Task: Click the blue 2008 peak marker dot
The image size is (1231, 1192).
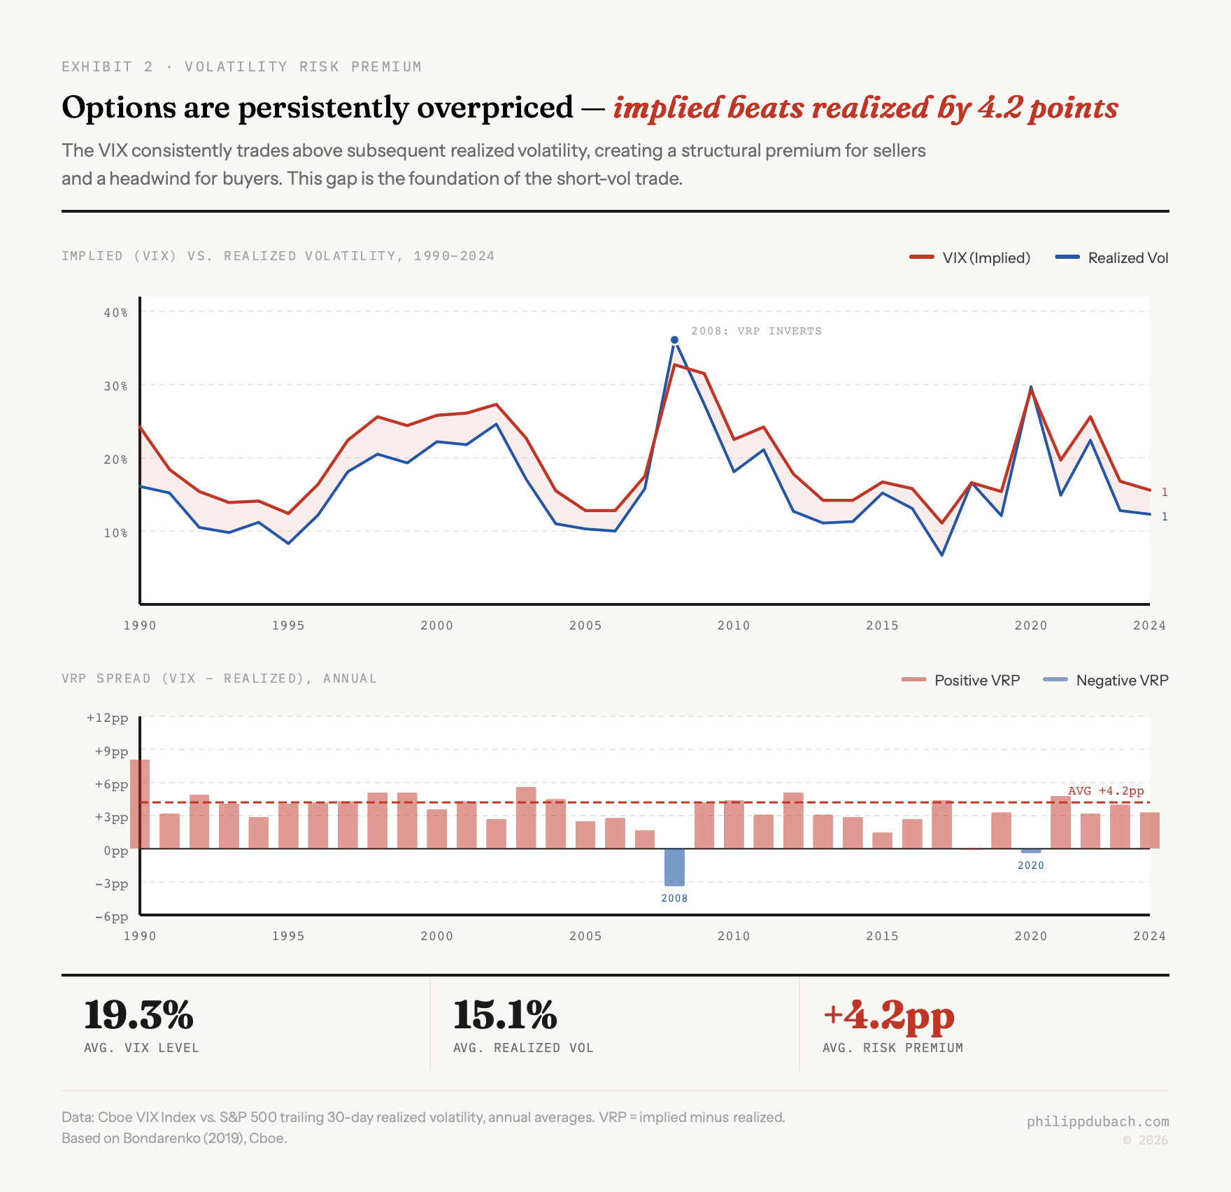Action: point(674,340)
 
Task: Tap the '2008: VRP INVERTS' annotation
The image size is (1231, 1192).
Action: point(756,331)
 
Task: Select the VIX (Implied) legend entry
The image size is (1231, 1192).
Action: point(970,257)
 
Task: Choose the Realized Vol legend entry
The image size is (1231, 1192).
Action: point(1112,257)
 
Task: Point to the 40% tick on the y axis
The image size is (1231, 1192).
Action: point(116,313)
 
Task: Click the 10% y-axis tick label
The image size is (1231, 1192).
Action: point(116,533)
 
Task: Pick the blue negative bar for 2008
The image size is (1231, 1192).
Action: point(674,867)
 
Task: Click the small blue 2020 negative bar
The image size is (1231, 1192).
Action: point(1031,851)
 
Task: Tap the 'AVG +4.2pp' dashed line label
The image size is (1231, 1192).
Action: point(1106,790)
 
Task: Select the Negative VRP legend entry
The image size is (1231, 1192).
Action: point(1106,680)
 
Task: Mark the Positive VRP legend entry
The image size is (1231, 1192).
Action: point(961,680)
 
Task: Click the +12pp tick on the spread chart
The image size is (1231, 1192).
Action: point(108,718)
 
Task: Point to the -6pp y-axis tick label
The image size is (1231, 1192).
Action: point(112,916)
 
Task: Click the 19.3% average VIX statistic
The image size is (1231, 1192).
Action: point(138,1016)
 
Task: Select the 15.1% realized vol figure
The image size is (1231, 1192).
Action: point(505,1016)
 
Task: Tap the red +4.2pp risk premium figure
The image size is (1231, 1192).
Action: point(888,1016)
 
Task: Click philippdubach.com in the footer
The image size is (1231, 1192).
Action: point(1097,1121)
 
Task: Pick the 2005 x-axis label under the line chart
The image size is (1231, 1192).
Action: point(585,625)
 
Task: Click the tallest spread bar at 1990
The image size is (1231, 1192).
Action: point(140,804)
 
